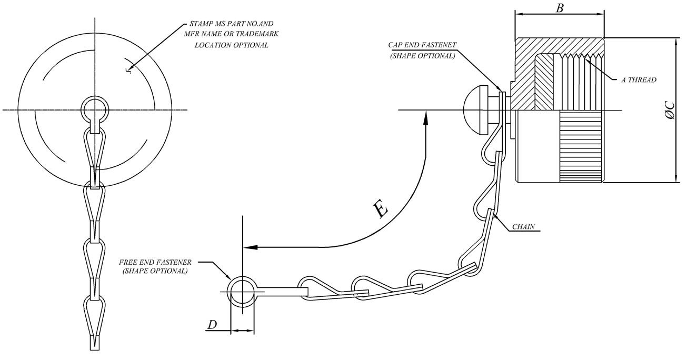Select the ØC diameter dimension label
[x=670, y=110]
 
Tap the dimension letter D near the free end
[x=212, y=325]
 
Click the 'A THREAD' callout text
[x=639, y=80]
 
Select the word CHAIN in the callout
[x=524, y=227]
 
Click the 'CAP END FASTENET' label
[x=422, y=46]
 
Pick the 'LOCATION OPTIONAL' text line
[x=232, y=45]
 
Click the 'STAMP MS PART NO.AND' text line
[x=232, y=25]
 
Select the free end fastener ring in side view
[x=242, y=292]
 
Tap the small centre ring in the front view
[x=95, y=109]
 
